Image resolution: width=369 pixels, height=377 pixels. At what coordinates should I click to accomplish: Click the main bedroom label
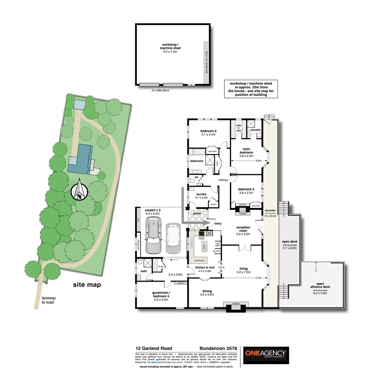coord(246,152)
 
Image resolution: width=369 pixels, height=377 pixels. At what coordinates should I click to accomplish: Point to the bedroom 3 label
coord(246,191)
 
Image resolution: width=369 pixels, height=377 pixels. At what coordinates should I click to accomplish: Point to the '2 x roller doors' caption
coord(161,90)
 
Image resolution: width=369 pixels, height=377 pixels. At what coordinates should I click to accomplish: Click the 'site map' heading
coord(87,285)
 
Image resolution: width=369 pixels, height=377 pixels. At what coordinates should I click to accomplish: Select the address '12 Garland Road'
coord(153,348)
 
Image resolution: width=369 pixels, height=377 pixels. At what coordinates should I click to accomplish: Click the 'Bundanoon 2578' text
coord(218,348)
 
